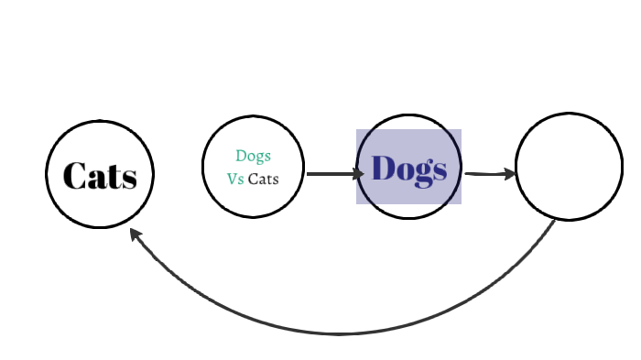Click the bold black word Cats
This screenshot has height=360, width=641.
click(x=100, y=175)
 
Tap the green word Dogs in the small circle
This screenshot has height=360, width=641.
click(x=253, y=156)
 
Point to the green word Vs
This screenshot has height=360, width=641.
click(x=235, y=179)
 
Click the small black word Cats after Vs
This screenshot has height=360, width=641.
click(x=263, y=179)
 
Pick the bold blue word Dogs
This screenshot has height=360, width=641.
click(x=408, y=169)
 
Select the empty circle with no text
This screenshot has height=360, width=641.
click(x=569, y=166)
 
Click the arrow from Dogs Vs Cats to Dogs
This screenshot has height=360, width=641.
click(x=330, y=173)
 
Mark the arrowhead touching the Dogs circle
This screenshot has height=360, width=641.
click(x=359, y=173)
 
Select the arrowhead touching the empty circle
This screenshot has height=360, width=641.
click(x=510, y=172)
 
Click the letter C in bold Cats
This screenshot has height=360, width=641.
click(x=74, y=175)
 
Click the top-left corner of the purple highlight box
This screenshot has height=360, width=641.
click(x=357, y=130)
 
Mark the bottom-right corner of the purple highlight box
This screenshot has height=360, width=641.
click(x=461, y=203)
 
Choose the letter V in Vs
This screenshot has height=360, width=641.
click(x=232, y=179)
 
